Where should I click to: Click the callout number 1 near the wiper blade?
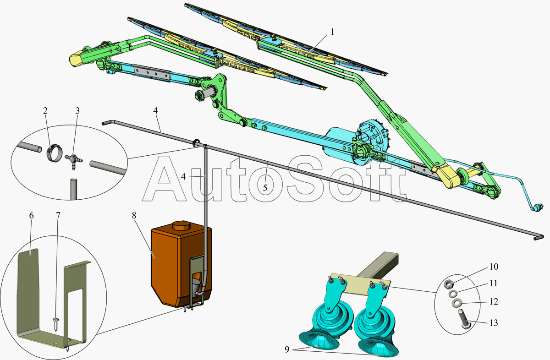click(x=333, y=32)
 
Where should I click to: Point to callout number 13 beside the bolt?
click(x=494, y=323)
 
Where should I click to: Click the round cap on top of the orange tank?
click(x=182, y=225)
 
